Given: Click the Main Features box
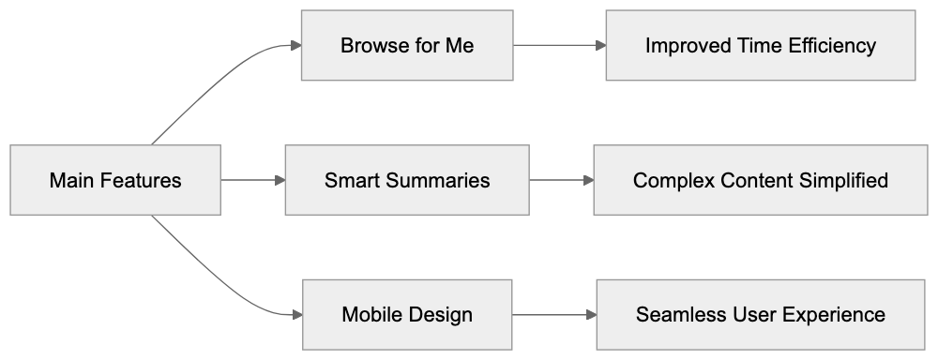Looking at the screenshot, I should coord(115,180).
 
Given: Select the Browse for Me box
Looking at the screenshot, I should coord(407,45).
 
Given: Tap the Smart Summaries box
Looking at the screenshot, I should coord(407,180).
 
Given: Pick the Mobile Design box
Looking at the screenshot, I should coord(407,314).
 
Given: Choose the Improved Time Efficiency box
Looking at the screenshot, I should coord(760,45).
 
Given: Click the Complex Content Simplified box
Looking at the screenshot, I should coord(760,180).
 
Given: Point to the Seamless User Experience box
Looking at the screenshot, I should coord(760,314).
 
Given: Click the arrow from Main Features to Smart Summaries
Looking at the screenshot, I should coord(252,180).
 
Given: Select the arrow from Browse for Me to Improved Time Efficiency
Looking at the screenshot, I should coord(558,45).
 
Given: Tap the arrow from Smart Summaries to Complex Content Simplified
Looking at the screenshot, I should coord(561,180).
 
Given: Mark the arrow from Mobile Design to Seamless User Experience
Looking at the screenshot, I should coord(553,314).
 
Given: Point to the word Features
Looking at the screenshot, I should coord(142,180).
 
